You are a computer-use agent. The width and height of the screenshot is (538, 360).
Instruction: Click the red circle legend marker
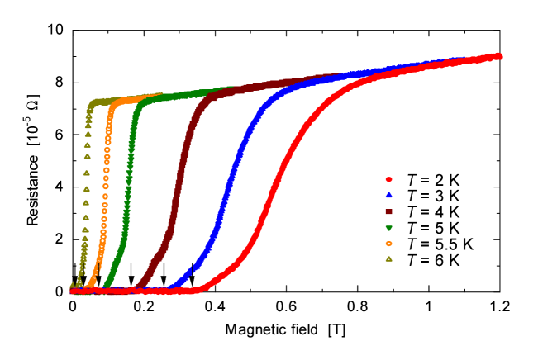[388, 179]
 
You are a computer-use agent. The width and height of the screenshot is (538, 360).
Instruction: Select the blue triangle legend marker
[388, 195]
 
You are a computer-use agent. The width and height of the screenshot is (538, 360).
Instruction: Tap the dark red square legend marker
[388, 211]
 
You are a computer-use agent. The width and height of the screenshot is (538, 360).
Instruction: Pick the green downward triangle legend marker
[388, 227]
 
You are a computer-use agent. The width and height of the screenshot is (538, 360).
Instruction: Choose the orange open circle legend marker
[388, 243]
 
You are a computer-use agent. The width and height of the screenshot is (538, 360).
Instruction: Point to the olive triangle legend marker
[388, 258]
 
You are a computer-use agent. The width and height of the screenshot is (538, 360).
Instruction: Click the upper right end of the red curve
[498, 56]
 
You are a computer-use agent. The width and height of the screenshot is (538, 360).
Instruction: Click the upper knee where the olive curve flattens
[93, 103]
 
